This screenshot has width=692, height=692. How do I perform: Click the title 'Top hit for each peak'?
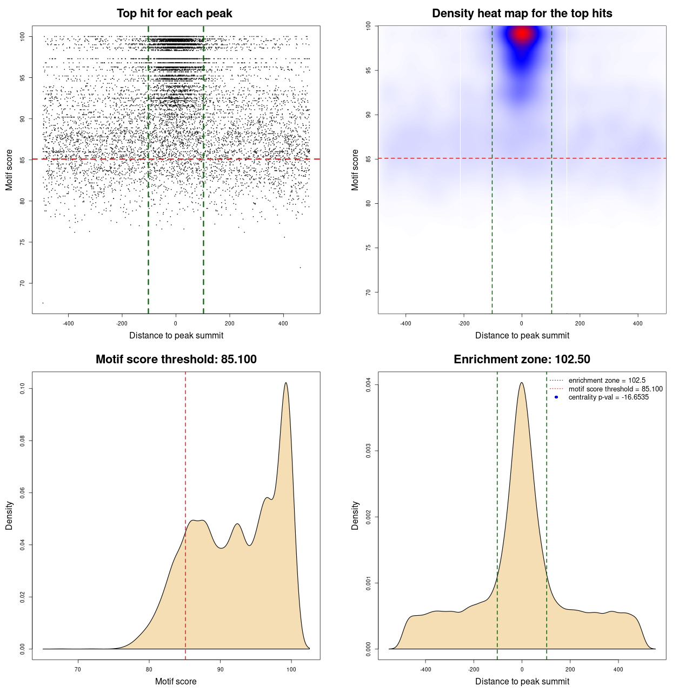coord(174,14)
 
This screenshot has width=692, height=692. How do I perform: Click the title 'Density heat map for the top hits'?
coord(522,14)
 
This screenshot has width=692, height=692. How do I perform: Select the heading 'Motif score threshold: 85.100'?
coord(176,360)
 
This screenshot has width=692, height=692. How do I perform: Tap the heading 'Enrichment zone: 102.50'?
coord(522,360)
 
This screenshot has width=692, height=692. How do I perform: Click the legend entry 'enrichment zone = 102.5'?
coord(607,381)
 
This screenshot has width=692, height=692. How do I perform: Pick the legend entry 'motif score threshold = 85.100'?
coord(615,389)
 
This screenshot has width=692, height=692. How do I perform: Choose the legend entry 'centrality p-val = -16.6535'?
coord(608,397)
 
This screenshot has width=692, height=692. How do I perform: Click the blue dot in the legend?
coord(556,397)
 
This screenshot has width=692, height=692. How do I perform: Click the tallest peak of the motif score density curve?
coord(285,383)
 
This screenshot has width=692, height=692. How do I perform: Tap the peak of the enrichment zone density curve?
coord(522,383)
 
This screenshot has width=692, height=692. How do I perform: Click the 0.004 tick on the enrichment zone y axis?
coord(369,385)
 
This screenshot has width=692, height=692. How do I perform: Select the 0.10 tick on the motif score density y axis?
coord(23,388)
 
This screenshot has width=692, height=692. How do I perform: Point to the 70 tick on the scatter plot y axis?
coord(23,283)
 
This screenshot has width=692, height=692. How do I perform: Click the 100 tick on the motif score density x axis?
coord(291,669)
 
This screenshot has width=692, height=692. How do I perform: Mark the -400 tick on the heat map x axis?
coord(405,323)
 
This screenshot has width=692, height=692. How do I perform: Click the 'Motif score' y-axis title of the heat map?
coord(355,170)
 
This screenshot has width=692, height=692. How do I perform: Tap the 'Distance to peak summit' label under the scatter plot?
coord(176,335)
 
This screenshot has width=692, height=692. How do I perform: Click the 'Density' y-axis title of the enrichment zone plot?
coord(355,515)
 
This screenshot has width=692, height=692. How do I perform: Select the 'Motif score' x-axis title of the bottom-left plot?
coord(176,681)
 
